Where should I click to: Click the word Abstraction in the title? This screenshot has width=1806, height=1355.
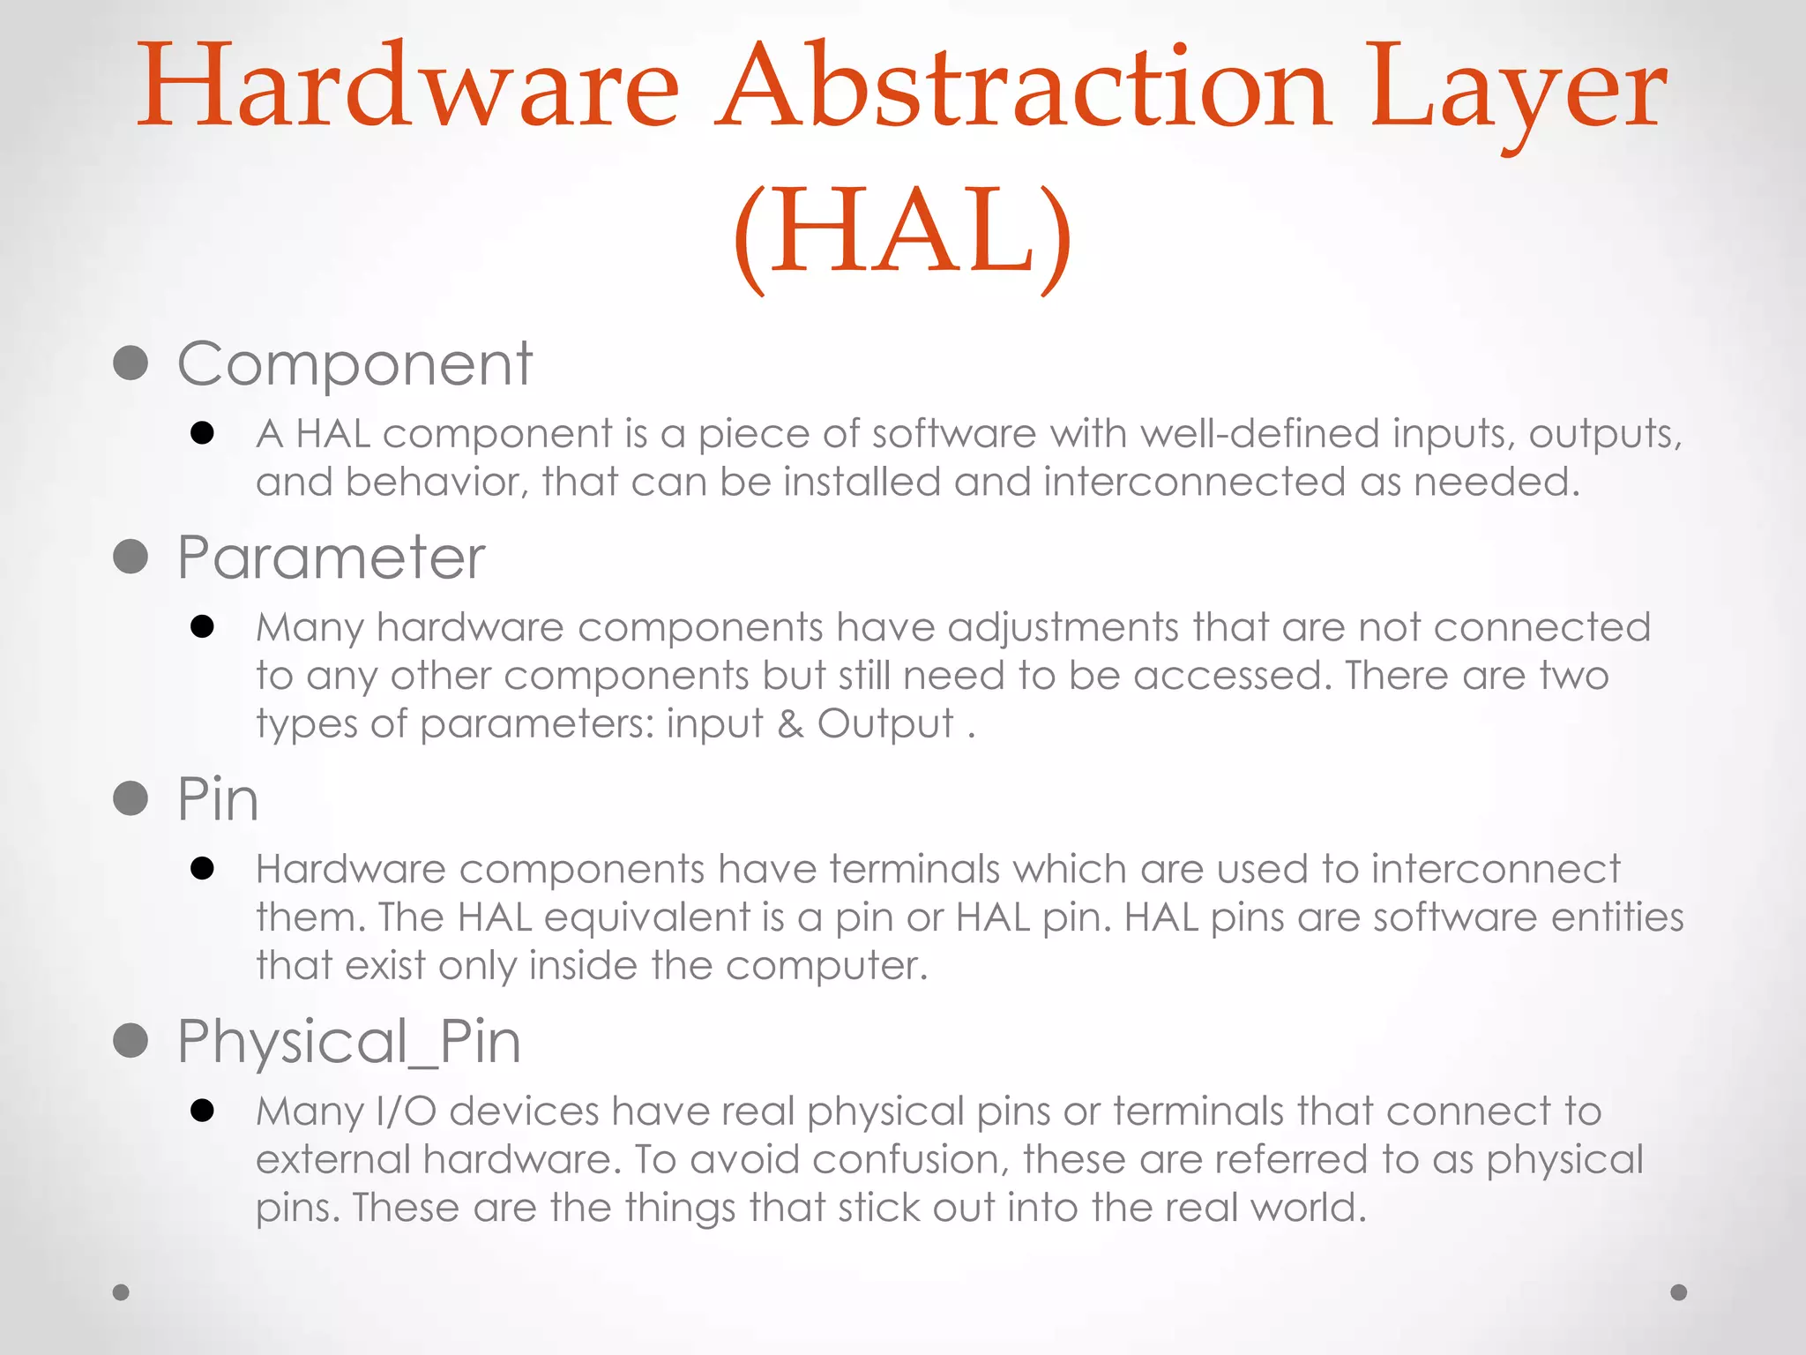point(1023,88)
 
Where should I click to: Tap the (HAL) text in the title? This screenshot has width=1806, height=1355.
point(902,234)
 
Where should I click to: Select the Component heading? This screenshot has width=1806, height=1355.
point(354,363)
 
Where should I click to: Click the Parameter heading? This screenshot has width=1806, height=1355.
point(331,558)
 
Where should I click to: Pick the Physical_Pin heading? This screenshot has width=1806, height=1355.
point(349,1041)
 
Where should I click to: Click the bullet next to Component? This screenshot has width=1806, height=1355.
point(131,363)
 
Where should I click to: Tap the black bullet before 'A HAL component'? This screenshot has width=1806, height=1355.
point(202,433)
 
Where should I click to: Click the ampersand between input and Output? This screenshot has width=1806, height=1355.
point(790,724)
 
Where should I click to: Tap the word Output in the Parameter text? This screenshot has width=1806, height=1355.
point(885,724)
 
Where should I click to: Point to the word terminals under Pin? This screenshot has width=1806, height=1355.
point(914,870)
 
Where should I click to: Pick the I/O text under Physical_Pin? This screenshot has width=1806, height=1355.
point(407,1112)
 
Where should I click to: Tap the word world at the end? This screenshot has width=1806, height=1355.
point(1309,1208)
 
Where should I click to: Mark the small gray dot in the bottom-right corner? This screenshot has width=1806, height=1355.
point(1679,1292)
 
